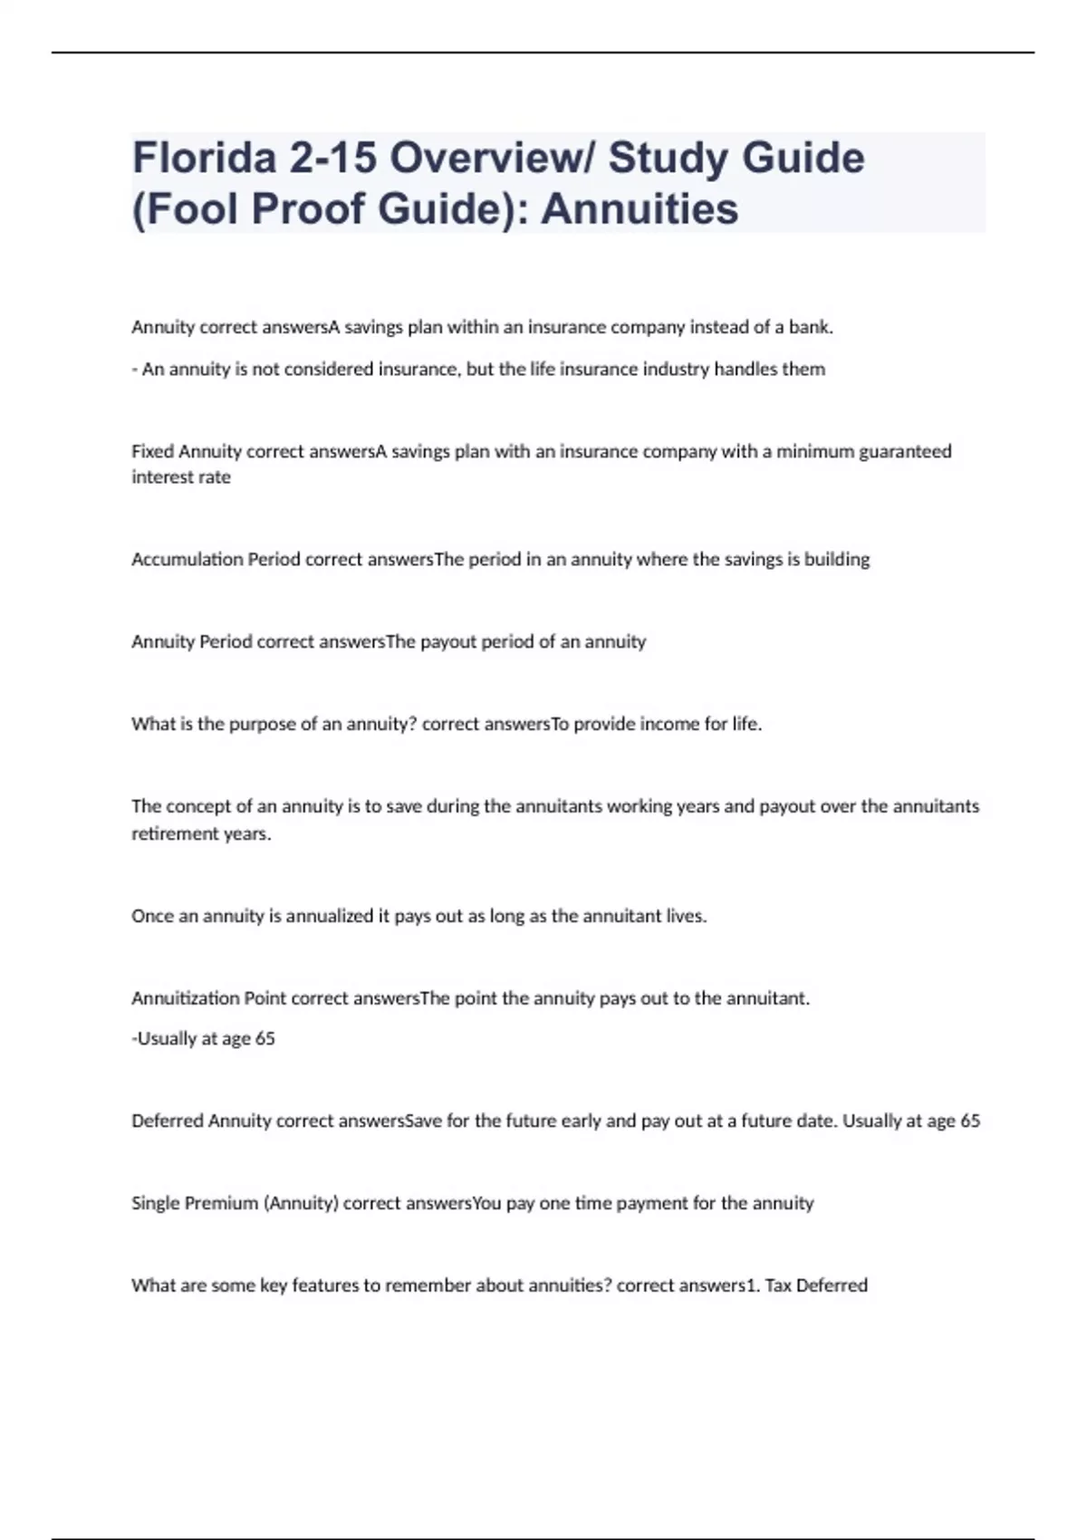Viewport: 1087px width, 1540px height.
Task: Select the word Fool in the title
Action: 191,209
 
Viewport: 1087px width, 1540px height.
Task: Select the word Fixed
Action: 152,451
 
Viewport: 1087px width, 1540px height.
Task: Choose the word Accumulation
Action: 187,560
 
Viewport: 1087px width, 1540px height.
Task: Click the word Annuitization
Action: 185,998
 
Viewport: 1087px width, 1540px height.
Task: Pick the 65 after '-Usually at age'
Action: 265,1039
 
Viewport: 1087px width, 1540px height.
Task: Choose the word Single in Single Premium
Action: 155,1204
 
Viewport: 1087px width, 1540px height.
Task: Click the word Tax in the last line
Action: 778,1285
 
